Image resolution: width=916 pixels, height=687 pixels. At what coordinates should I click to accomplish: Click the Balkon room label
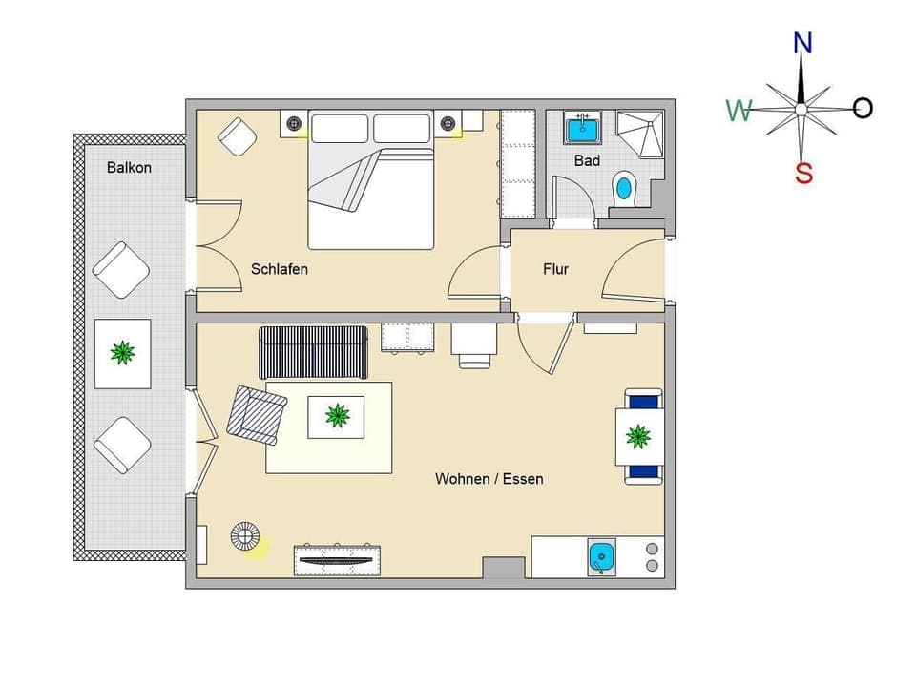(x=129, y=167)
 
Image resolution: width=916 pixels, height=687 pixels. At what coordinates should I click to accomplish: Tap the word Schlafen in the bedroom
(x=280, y=269)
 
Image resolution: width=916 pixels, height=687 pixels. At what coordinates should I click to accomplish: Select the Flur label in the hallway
(x=555, y=269)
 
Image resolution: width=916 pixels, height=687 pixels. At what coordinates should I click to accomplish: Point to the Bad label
(x=587, y=160)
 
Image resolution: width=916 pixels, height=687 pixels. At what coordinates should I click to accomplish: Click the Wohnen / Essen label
(x=489, y=478)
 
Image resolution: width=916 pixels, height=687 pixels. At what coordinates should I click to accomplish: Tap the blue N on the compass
(x=802, y=43)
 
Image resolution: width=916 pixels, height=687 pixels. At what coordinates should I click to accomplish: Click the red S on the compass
(x=803, y=174)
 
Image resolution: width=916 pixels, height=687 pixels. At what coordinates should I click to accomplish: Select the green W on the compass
(x=739, y=111)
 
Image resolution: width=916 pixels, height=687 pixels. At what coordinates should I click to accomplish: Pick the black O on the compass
(x=863, y=108)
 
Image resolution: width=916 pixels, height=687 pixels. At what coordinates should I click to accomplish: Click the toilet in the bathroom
(x=623, y=186)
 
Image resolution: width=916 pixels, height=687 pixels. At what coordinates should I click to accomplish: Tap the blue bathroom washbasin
(x=580, y=127)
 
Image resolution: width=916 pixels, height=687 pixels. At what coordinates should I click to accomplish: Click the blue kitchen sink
(x=601, y=556)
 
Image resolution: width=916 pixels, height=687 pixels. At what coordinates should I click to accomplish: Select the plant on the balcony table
(x=122, y=353)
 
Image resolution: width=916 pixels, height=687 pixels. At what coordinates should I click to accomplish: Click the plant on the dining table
(x=638, y=437)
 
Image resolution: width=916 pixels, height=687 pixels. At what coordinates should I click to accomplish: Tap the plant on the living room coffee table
(x=336, y=415)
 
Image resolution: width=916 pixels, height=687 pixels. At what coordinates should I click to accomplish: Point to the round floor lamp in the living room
(x=245, y=537)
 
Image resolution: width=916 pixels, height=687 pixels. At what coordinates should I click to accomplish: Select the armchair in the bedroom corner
(x=237, y=135)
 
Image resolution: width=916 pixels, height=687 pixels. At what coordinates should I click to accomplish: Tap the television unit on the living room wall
(x=337, y=559)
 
